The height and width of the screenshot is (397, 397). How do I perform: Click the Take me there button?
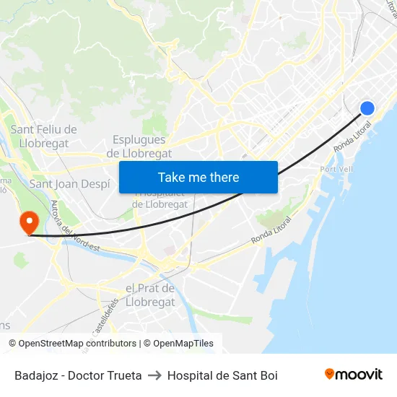click(x=198, y=177)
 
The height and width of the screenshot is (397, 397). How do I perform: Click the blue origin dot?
click(x=367, y=108)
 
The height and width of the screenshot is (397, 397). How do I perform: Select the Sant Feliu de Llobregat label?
click(x=43, y=136)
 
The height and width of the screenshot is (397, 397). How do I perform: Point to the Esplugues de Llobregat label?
click(x=139, y=147)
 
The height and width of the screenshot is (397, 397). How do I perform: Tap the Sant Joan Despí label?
click(x=69, y=183)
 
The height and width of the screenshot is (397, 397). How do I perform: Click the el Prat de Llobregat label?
click(x=150, y=295)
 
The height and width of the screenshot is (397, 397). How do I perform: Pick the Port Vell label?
click(x=336, y=169)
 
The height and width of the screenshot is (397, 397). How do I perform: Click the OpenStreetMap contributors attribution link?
click(x=77, y=344)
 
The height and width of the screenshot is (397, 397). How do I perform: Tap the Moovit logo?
click(x=353, y=375)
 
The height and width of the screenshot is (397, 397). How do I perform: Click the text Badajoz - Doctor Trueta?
click(x=78, y=375)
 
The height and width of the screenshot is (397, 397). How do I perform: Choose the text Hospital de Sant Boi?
click(x=222, y=375)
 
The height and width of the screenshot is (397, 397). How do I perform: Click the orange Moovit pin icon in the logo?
click(x=330, y=375)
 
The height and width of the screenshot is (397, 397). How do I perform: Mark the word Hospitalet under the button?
click(x=161, y=193)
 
